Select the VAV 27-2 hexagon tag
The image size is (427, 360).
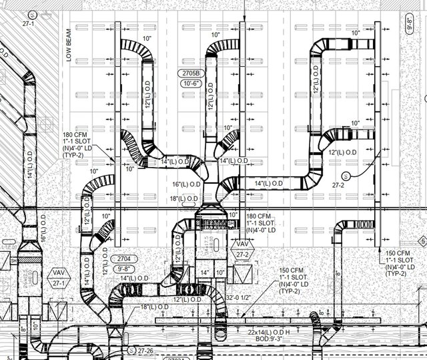(242, 249)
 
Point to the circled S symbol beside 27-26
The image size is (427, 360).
(131, 349)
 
